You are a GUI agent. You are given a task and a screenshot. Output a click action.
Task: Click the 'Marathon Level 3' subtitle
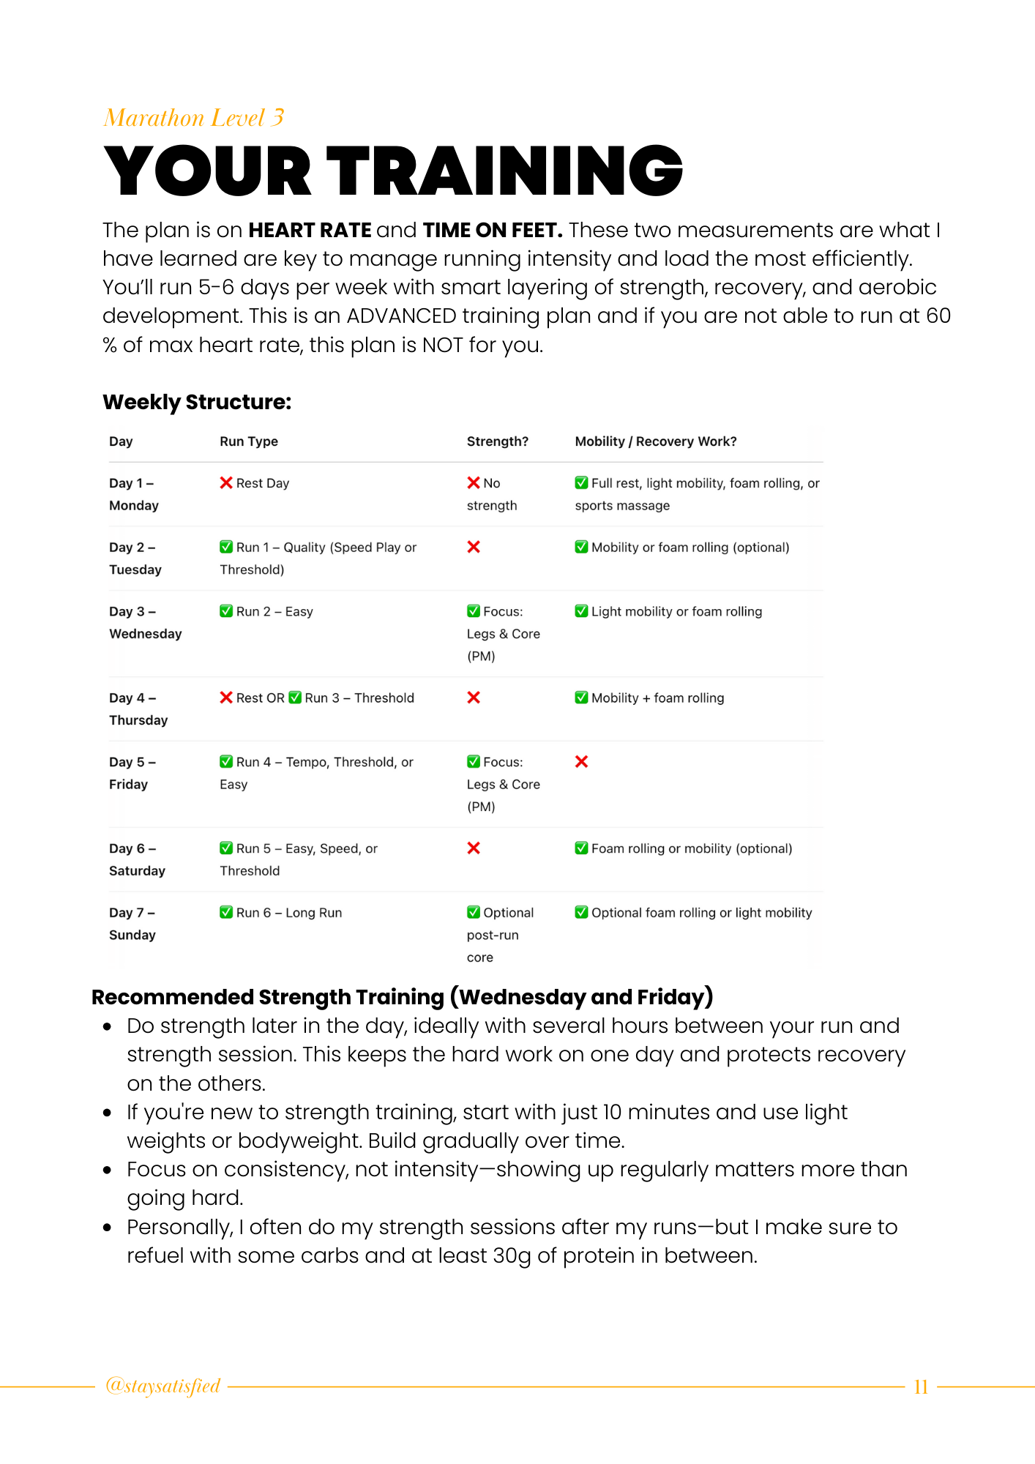pos(194,118)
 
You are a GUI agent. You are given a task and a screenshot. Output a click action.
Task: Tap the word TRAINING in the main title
pos(504,171)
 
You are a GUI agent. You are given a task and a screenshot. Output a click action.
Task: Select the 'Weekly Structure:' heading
pos(197,402)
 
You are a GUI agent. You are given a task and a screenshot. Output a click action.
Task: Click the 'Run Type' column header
pos(249,441)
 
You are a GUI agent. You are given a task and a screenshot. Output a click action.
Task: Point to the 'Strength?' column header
pos(498,441)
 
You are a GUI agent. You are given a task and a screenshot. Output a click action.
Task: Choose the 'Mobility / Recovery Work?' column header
pos(656,441)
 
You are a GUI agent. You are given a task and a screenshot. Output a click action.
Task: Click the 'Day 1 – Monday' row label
pos(134,494)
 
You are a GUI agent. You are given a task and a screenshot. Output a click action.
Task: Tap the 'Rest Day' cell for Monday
pos(255,483)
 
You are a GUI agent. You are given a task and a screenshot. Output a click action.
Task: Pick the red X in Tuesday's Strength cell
pos(474,547)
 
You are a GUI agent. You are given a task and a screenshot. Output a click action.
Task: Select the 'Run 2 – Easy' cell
pos(266,611)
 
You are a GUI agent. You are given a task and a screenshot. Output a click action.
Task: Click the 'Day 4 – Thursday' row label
pos(138,709)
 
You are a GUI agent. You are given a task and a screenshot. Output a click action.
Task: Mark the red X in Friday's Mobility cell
pos(582,762)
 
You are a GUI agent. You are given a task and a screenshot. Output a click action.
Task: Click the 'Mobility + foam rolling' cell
pos(650,698)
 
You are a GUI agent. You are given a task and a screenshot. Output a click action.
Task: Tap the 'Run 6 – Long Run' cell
pos(281,913)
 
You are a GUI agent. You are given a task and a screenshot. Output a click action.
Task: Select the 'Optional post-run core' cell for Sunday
pos(500,935)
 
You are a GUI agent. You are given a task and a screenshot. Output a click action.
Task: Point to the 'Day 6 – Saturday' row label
pos(137,859)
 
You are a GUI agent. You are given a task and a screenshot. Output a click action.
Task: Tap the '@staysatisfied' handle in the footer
pos(163,1386)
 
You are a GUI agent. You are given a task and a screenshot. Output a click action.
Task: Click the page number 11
pos(921,1387)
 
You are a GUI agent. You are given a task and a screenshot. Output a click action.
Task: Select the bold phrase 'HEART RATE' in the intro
pos(310,231)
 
